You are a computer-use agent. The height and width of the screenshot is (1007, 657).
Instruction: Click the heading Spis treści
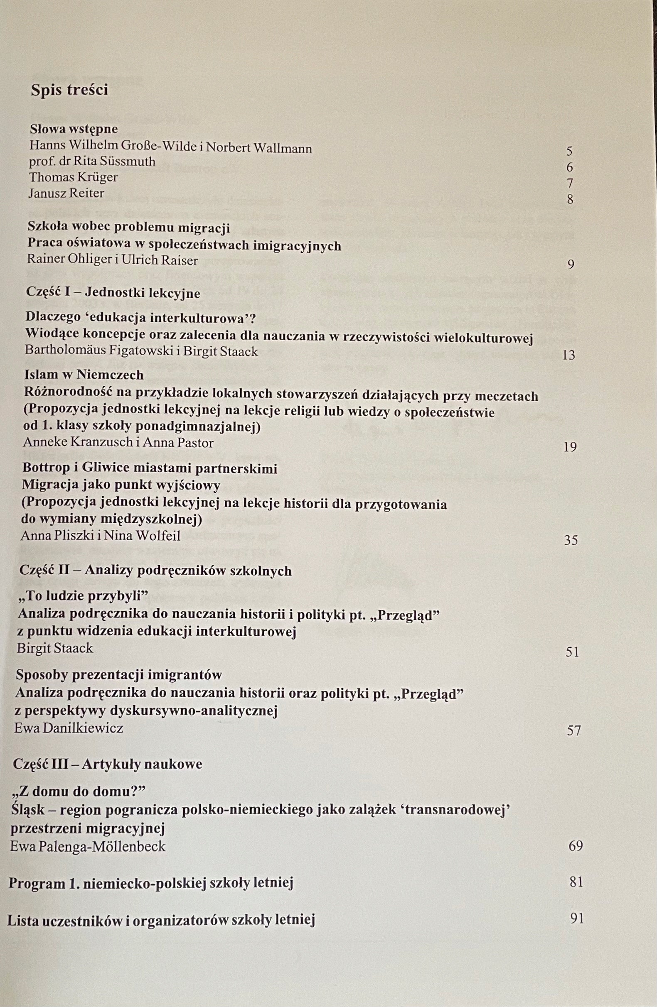click(69, 90)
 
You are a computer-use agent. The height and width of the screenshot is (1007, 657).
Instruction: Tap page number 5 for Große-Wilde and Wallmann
click(569, 151)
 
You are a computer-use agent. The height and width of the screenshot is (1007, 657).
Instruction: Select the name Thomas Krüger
click(73, 177)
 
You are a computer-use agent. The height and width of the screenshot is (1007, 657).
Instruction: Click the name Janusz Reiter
click(66, 193)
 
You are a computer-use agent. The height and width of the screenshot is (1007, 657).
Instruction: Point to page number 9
click(570, 265)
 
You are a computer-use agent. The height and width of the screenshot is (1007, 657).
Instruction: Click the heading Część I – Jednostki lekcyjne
click(113, 293)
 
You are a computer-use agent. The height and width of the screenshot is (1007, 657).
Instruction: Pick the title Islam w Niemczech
click(84, 375)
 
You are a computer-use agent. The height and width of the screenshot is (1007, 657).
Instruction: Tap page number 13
click(568, 355)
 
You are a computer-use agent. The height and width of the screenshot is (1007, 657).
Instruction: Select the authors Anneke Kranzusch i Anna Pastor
click(118, 443)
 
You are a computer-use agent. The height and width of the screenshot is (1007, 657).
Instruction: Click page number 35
click(571, 540)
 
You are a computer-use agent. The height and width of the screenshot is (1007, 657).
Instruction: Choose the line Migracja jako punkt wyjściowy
click(121, 485)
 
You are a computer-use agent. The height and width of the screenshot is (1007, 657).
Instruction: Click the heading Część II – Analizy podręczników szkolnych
click(155, 571)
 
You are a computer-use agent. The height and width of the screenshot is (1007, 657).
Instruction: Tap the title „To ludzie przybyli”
click(83, 596)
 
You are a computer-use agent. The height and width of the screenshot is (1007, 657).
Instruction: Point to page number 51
click(572, 652)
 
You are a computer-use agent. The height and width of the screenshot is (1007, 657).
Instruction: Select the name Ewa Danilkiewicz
click(69, 728)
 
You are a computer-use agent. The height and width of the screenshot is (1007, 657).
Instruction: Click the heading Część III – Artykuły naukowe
click(108, 764)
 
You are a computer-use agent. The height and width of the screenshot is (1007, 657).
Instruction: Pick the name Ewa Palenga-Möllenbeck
click(88, 846)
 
